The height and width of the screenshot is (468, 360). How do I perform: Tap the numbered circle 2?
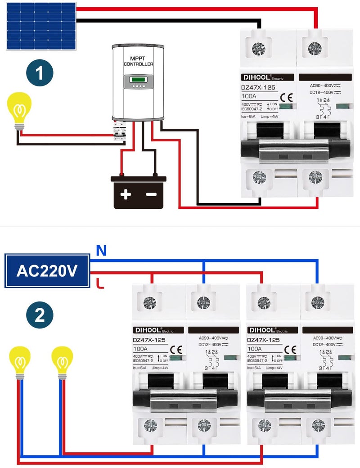coord(40,315)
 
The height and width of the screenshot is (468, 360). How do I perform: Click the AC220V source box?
coord(47,270)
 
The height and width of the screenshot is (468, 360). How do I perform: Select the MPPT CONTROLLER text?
coord(138,61)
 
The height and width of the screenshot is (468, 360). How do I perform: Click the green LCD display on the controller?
coord(138,80)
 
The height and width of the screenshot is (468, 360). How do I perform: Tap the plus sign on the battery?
coord(126,194)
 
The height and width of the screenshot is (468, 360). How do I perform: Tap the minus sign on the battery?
coord(151,194)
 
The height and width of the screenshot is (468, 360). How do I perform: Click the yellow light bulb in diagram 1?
coord(19,109)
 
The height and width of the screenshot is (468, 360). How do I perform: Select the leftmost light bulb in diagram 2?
coord(20,361)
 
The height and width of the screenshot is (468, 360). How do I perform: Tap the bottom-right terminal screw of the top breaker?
coord(316,178)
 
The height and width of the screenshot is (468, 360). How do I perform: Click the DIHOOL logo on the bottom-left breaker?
coord(148,330)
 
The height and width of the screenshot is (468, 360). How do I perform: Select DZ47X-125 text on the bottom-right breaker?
coord(264,340)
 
